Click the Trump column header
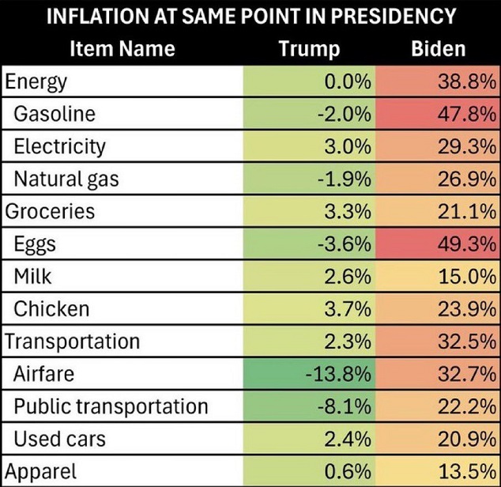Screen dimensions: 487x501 pyautogui.click(x=309, y=49)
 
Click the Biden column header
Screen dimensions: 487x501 pyautogui.click(x=439, y=49)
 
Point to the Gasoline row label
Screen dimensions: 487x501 pyautogui.click(x=55, y=114)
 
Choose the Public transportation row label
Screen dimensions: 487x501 pyautogui.click(x=111, y=406)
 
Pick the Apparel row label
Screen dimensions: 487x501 pyautogui.click(x=41, y=472)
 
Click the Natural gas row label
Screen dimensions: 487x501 pyautogui.click(x=66, y=179)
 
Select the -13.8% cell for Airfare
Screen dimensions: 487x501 pyautogui.click(x=338, y=374)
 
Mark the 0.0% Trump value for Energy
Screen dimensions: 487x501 pyautogui.click(x=348, y=81)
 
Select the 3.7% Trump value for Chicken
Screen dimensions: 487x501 pyautogui.click(x=348, y=309)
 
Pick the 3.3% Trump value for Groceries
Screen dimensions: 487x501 pyautogui.click(x=348, y=212)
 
